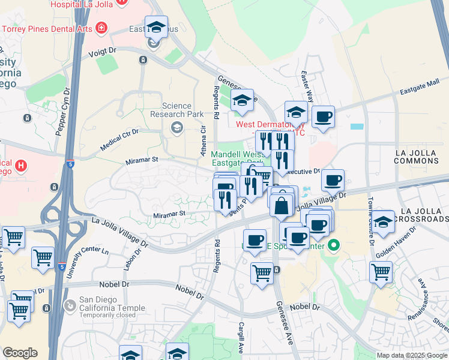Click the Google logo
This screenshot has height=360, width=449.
click(20, 353)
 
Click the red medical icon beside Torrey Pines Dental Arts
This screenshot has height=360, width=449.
click(100, 28)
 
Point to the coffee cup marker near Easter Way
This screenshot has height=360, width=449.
click(323, 116)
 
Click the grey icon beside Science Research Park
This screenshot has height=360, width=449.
click(177, 127)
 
